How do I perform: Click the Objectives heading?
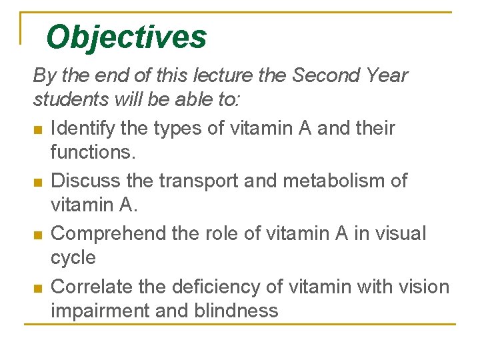pyautogui.click(x=127, y=37)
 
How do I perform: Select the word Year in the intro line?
pyautogui.click(x=384, y=75)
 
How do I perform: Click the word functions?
pyautogui.click(x=93, y=152)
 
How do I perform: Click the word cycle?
pyautogui.click(x=73, y=257)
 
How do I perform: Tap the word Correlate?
pyautogui.click(x=93, y=287)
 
